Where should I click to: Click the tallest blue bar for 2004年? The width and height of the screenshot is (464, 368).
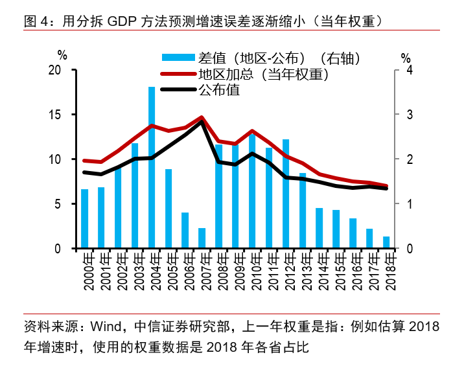tap(152, 167)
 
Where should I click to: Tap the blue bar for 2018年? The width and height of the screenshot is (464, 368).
tap(386, 242)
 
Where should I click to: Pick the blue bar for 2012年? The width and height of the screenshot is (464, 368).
tap(285, 194)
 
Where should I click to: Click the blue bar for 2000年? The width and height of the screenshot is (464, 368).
tap(84, 218)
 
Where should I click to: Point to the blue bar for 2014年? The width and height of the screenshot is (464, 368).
tap(319, 228)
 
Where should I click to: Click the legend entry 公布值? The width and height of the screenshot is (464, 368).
tap(219, 90)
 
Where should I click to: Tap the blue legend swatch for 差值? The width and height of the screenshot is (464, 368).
tap(178, 58)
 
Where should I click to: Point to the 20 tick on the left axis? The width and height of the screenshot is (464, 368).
tap(55, 70)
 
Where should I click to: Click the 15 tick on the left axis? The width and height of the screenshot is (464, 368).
tap(55, 115)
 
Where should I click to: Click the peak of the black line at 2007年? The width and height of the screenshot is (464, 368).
tap(202, 122)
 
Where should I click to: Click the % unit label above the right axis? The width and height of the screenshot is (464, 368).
tap(406, 56)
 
